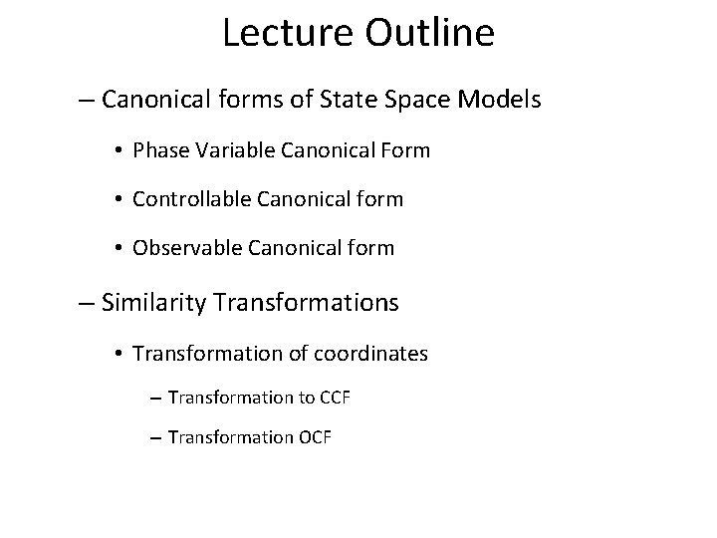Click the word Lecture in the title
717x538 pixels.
288,34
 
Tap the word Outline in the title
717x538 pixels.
429,34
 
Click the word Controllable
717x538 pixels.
190,199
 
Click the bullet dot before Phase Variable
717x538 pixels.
119,152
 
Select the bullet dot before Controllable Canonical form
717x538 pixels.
119,200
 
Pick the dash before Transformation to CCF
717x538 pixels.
157,399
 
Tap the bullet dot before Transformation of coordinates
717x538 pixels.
119,355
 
